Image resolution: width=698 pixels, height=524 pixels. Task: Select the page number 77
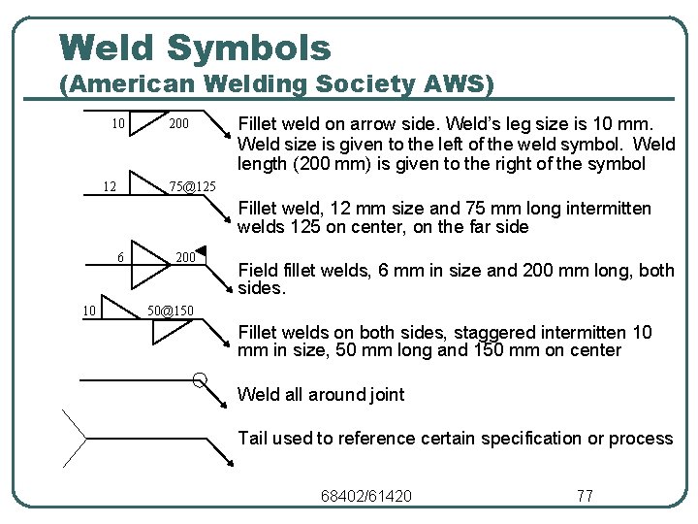(x=585, y=496)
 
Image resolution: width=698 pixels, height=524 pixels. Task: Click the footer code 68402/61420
(x=365, y=496)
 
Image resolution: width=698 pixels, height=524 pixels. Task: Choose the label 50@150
(x=170, y=311)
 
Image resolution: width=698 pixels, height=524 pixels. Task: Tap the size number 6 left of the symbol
(x=120, y=258)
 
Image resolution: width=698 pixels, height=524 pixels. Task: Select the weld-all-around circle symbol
(x=199, y=379)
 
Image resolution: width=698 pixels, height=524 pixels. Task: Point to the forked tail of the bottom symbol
(x=74, y=438)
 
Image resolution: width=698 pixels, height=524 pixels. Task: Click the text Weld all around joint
(x=321, y=395)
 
